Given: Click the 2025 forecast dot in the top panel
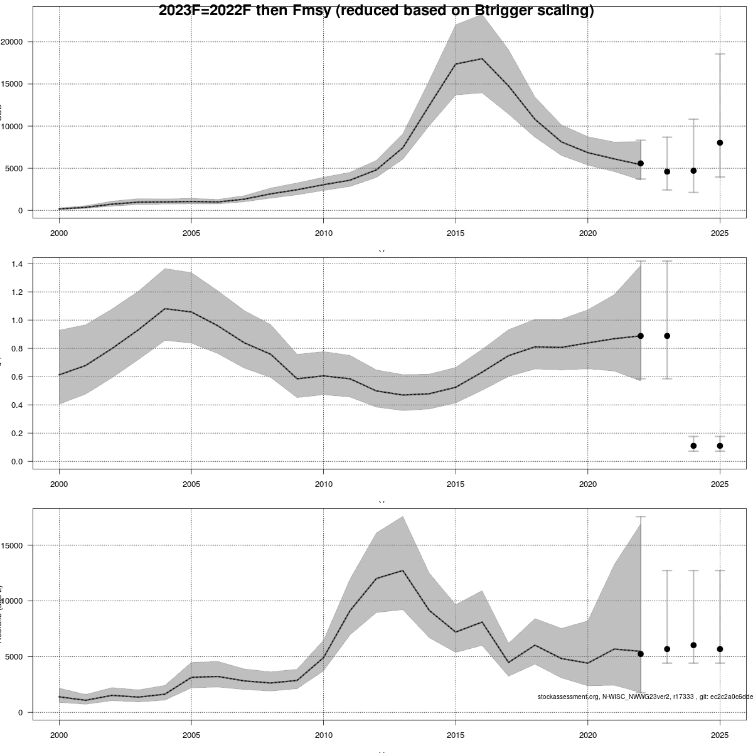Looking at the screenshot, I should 720,143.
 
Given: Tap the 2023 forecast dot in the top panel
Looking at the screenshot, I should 667,171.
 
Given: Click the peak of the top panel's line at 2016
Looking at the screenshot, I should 482,59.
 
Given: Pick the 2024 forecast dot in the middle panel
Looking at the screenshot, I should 693,446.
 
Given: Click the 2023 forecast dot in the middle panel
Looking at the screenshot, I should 667,336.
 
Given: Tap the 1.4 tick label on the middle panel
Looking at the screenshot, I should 17,264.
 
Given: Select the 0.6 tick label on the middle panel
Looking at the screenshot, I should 17,376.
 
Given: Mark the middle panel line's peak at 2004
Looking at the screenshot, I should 165,309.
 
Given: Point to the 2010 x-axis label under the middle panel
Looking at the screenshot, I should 323,484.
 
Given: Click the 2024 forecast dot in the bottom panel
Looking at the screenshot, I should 693,645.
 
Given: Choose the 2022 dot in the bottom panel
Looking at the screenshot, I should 641,654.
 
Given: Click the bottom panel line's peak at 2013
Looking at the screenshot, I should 403,570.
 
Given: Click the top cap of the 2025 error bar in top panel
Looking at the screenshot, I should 720,55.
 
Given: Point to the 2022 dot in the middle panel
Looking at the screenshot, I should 641,336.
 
